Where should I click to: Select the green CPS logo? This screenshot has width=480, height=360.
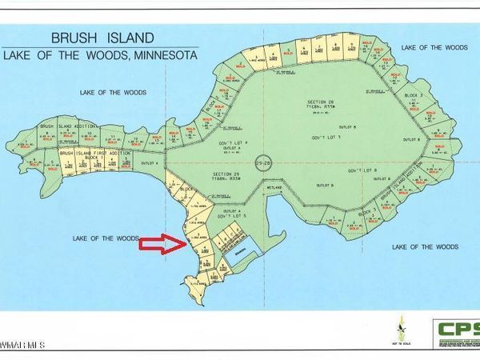[457, 330]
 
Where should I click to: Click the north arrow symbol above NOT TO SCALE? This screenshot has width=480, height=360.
[402, 323]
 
